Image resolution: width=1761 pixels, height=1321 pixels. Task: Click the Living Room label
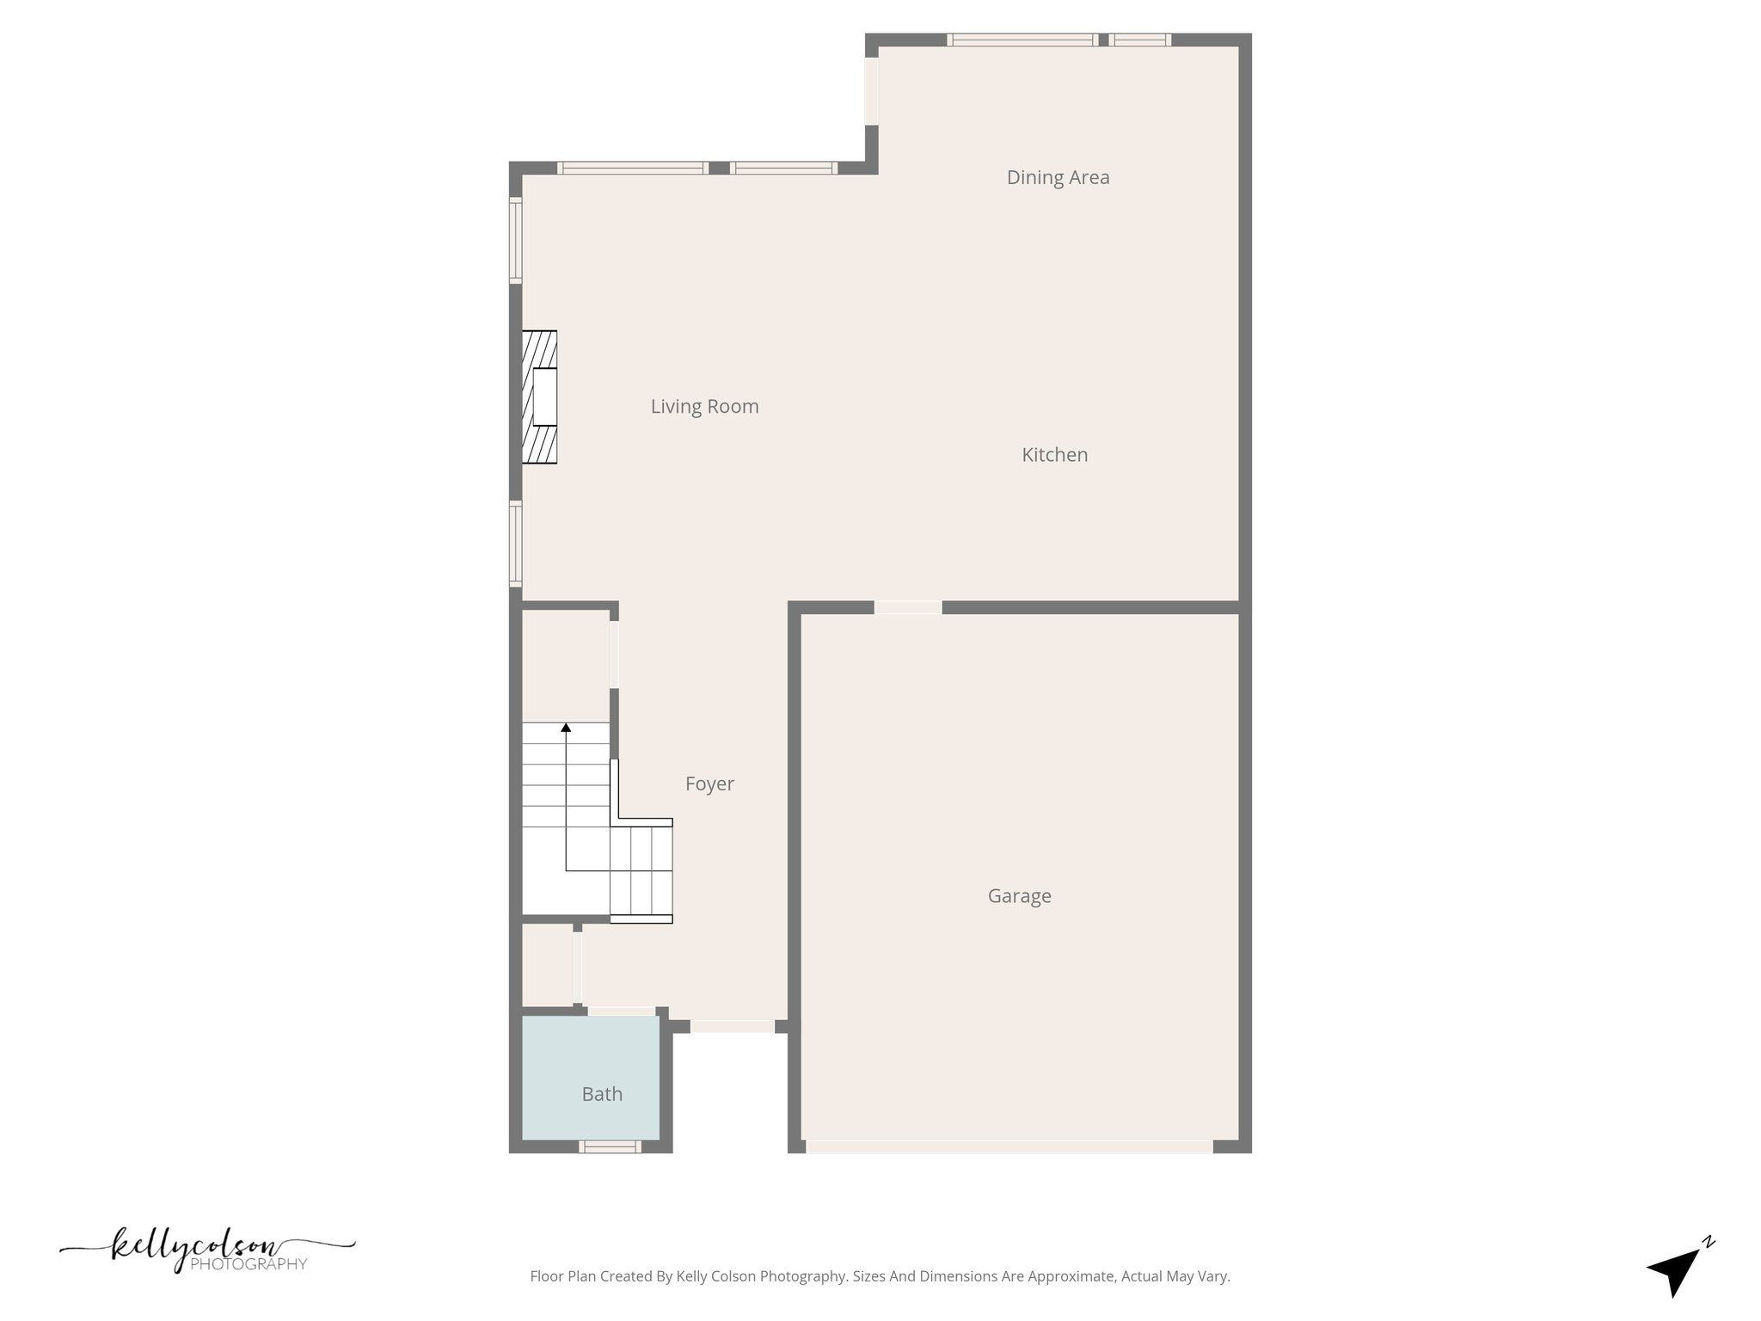(704, 407)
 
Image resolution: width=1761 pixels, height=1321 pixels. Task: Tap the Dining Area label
(1058, 177)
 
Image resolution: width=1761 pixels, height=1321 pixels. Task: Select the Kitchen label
(1054, 455)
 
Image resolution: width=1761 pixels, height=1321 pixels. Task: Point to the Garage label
(1019, 896)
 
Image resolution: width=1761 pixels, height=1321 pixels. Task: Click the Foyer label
(709, 783)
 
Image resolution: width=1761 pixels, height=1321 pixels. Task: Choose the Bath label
(602, 1094)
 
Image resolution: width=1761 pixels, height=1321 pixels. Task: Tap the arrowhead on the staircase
(566, 728)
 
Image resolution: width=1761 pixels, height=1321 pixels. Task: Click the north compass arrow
(1674, 1271)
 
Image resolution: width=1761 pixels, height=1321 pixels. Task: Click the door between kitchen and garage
(908, 607)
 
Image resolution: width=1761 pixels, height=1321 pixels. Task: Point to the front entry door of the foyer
(733, 1026)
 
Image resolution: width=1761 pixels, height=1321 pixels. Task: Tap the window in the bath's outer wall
(610, 1146)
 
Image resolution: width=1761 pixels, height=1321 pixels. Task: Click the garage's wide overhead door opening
(1009, 1146)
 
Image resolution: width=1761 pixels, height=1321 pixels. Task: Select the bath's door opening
(621, 1011)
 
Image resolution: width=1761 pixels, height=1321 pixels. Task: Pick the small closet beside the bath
(547, 965)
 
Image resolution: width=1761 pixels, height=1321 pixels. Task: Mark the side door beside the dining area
(871, 90)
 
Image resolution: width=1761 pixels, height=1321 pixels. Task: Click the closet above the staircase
(565, 665)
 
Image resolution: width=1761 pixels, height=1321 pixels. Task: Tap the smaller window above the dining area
(1139, 40)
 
